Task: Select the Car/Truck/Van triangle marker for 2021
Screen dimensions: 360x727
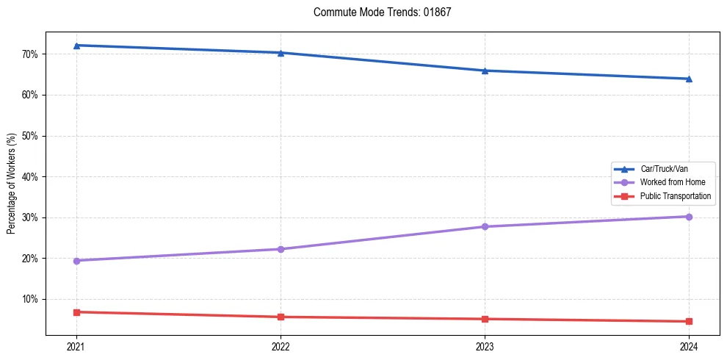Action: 76,46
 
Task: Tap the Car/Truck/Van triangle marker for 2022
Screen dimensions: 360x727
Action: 281,53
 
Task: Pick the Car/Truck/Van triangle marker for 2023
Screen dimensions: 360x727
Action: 485,71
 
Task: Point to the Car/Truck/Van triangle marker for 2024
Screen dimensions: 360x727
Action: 689,79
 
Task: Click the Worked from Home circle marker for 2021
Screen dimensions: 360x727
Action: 76,261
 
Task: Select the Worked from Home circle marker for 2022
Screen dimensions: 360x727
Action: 281,249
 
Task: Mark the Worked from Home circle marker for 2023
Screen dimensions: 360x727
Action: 485,226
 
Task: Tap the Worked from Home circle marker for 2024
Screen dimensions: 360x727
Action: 689,217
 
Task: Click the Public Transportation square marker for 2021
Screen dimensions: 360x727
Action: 76,312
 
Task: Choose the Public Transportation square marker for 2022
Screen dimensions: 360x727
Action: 281,317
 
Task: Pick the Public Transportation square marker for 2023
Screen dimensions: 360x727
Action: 485,319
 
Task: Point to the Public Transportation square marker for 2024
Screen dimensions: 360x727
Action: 689,321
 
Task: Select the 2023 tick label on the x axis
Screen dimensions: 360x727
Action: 485,346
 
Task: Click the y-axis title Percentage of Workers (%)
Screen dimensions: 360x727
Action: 12,184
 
